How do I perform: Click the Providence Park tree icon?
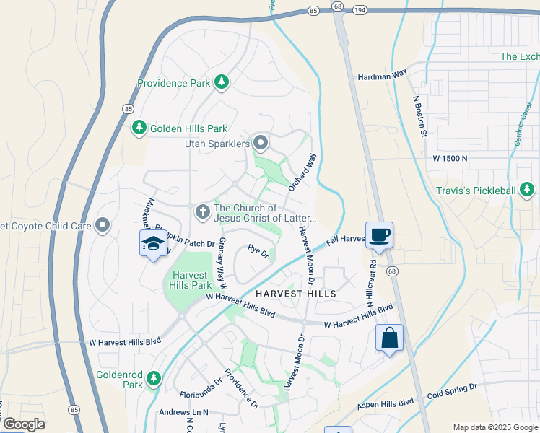222,83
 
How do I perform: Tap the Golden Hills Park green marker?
139,128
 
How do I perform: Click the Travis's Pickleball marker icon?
528,191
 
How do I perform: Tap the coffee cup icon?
380,235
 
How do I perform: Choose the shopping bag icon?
389,338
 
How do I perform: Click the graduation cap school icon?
153,244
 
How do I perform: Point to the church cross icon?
203,211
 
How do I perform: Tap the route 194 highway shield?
362,9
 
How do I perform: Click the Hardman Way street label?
383,75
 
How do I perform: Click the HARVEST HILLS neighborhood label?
295,294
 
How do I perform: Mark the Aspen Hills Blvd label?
386,405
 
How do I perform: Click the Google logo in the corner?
24,424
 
